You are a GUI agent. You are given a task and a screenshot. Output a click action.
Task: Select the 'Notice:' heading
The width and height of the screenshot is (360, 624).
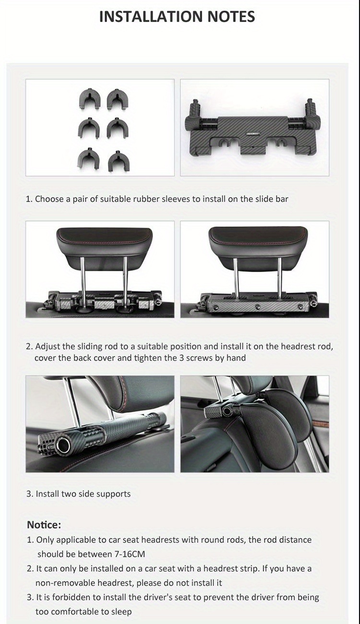(44, 525)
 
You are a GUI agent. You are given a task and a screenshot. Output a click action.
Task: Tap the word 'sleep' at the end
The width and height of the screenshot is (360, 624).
(121, 612)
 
